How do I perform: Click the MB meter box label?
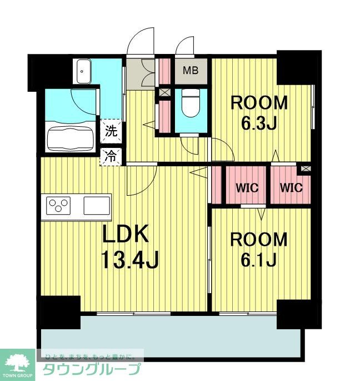191,70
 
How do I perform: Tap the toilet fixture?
191,102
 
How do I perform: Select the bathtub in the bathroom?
71,138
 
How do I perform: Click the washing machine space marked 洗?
111,131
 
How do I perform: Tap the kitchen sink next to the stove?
97,206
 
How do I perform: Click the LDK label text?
126,234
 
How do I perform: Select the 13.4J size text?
130,259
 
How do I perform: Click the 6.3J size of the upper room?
259,123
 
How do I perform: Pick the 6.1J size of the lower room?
258,259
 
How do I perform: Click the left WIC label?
247,188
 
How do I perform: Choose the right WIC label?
291,187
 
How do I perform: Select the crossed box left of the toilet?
162,93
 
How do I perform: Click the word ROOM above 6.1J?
259,240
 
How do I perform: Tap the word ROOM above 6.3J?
259,103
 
